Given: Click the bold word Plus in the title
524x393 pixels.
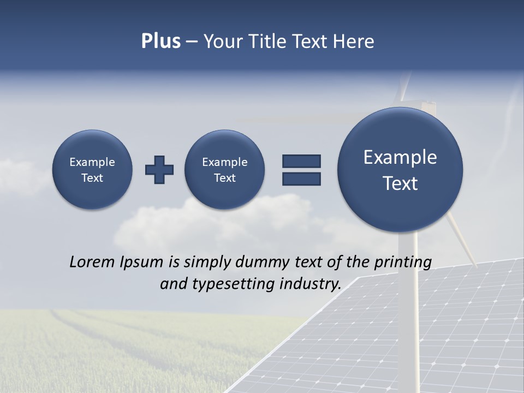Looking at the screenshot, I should [160, 41].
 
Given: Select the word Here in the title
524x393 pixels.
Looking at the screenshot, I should [355, 41].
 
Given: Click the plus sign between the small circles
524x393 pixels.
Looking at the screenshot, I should [159, 170].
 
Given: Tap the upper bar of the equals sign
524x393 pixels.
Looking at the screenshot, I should [301, 161].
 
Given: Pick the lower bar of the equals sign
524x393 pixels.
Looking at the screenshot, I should [301, 178].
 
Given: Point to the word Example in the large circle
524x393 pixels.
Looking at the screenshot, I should [400, 157].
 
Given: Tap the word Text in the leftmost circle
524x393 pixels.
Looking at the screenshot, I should [92, 178].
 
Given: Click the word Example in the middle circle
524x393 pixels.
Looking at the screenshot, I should [224, 162].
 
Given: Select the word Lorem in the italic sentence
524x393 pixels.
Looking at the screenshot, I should [91, 262].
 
